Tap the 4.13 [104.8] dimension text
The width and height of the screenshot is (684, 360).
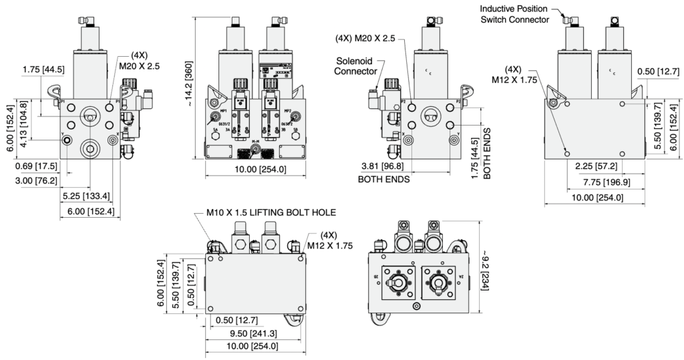click(x=25, y=124)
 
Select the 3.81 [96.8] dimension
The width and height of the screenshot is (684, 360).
click(x=383, y=165)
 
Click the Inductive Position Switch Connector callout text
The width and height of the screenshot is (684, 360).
click(x=514, y=14)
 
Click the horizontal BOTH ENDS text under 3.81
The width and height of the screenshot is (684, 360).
click(x=385, y=179)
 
